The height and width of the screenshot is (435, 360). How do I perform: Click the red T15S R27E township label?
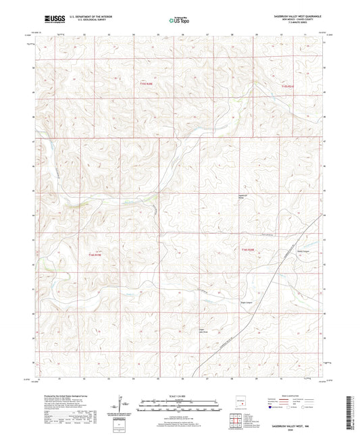coord(288,86)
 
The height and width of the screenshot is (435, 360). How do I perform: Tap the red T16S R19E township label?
coord(95,254)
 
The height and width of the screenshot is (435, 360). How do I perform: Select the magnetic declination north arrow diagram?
coord(120,404)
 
